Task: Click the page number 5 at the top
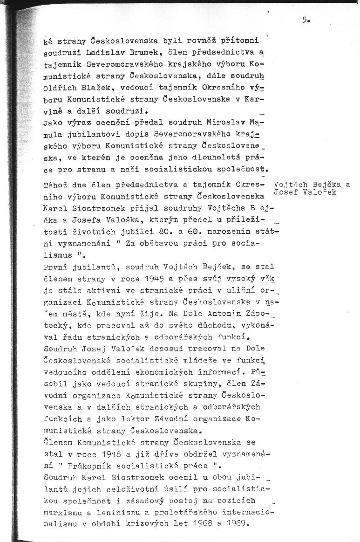click(x=305, y=20)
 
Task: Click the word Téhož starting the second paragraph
click(x=54, y=185)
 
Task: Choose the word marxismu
click(x=61, y=512)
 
